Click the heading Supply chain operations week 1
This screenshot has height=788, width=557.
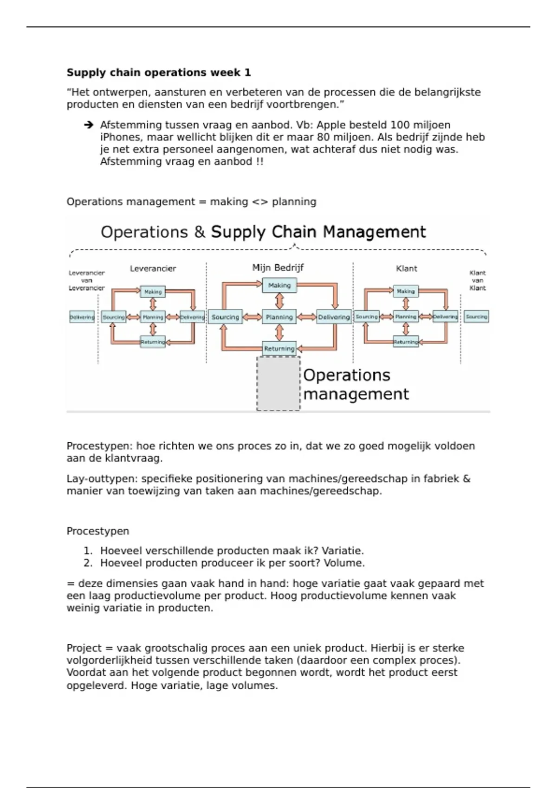point(158,73)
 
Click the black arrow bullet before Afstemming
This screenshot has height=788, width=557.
point(89,125)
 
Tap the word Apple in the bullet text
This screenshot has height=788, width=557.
point(331,125)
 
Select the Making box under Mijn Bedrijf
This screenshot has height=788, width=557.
point(279,286)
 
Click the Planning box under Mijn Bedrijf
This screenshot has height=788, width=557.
point(279,317)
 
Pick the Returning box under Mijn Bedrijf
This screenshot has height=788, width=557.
point(279,349)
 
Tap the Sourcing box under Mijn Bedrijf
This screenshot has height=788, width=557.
point(225,317)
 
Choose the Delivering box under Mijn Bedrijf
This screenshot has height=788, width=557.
point(334,317)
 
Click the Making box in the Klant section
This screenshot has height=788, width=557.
point(406,291)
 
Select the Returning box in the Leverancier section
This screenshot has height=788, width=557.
point(153,342)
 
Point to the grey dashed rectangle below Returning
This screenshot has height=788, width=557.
point(278,384)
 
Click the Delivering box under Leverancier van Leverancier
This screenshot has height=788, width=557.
point(82,317)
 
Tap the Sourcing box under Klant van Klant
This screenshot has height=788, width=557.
point(477,317)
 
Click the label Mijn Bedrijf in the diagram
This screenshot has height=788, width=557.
point(278,267)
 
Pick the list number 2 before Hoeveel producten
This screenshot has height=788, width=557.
point(88,563)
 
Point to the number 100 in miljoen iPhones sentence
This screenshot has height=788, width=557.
point(400,125)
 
